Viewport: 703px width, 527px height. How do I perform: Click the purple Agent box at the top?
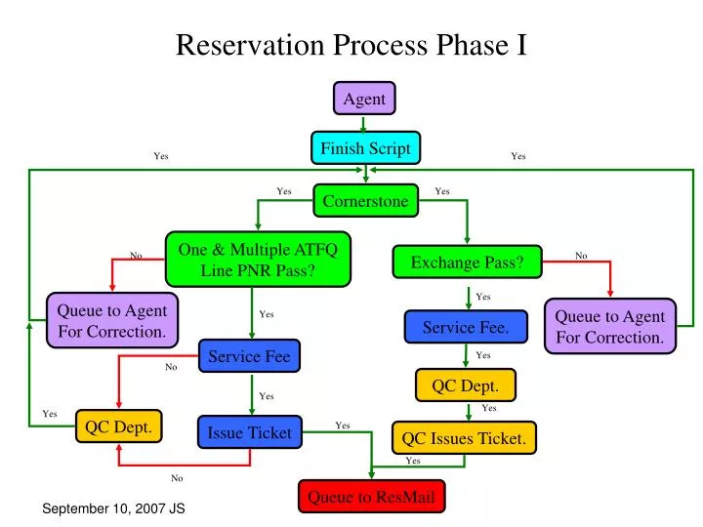coord(364,99)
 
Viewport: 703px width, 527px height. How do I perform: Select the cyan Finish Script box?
coord(366,148)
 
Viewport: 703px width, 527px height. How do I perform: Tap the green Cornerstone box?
coord(366,201)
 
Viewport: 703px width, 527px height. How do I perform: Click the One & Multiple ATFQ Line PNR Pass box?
coord(258,260)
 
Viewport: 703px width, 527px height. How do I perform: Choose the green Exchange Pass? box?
coord(467,262)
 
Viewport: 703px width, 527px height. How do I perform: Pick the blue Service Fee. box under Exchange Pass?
coord(466,327)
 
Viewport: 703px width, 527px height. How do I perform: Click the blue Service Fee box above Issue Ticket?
coord(249,356)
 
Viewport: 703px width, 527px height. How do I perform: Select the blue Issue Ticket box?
coord(249,432)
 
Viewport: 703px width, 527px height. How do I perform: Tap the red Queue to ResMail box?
coord(371,497)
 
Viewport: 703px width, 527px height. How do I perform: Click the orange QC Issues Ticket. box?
coord(464,439)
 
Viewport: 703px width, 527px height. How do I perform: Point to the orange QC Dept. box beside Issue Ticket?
coord(118,426)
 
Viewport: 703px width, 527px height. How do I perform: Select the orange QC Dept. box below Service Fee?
coord(465,385)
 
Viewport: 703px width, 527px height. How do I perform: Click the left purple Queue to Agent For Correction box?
coord(112,320)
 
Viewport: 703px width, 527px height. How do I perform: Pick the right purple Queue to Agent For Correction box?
coord(609,326)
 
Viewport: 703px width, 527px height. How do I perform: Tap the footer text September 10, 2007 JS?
coord(114,509)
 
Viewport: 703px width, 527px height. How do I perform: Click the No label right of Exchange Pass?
coord(581,256)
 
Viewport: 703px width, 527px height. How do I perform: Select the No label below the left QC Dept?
coord(177,478)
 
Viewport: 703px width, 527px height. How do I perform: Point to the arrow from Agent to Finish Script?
coord(364,123)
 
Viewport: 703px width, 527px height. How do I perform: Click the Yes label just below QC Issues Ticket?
coord(413,461)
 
